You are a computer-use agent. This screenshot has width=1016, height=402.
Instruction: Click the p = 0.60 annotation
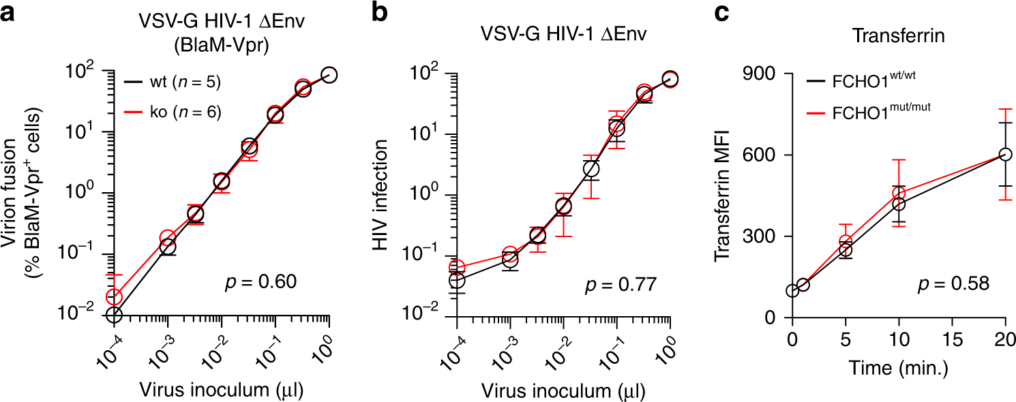[262, 281]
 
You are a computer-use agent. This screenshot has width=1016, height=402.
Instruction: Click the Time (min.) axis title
[899, 369]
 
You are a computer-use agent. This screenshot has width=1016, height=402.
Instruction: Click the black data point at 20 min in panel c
[1005, 155]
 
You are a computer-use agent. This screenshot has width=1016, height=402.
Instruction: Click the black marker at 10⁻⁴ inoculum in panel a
[114, 315]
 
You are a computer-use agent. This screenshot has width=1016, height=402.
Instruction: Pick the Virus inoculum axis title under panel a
[222, 390]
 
